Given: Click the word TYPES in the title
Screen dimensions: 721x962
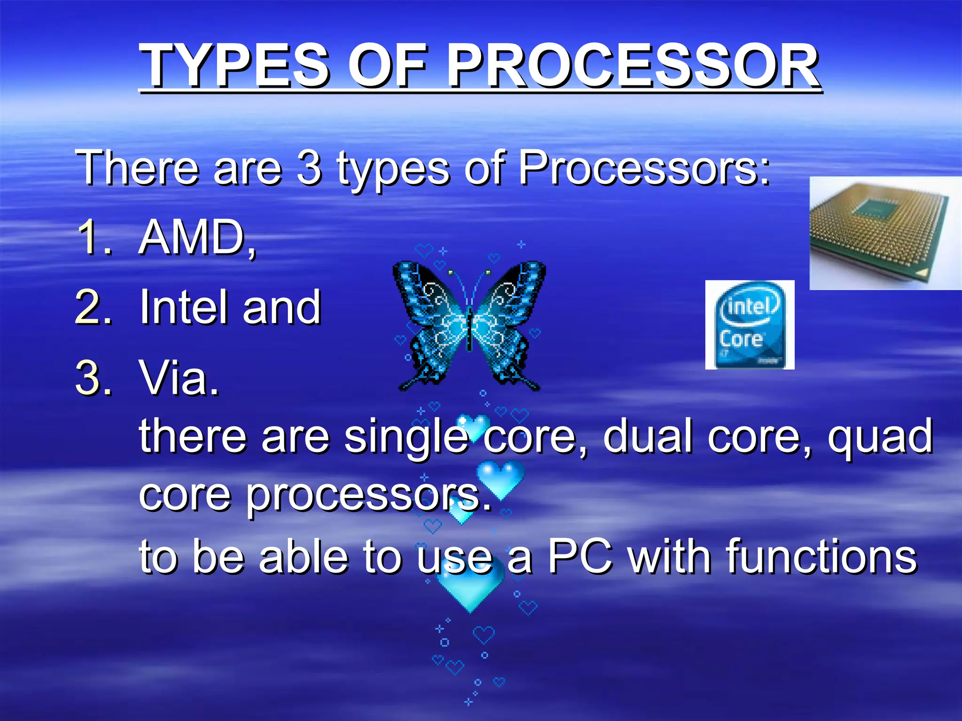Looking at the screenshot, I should tap(235, 66).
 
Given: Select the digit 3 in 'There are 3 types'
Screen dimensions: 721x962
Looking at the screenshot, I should tap(309, 168).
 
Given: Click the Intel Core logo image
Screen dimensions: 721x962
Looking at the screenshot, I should tap(749, 325).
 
